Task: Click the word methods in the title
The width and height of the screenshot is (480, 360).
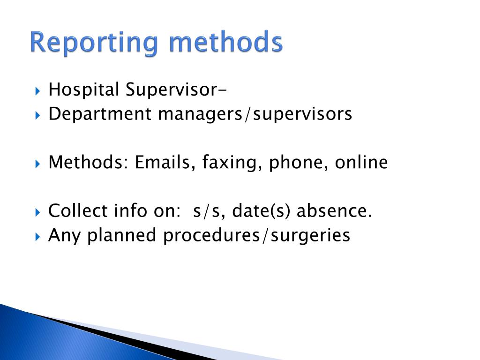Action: pos(226,43)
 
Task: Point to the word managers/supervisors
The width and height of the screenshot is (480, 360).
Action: pos(255,114)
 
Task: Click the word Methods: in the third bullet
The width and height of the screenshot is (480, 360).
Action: pos(89,163)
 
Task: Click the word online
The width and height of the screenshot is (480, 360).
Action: pos(361,163)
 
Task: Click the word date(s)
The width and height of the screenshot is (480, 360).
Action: pos(262,211)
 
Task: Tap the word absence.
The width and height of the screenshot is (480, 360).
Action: pos(334,211)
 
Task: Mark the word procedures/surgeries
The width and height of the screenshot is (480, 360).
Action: pos(256,235)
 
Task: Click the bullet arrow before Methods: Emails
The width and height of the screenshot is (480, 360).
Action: pos(38,164)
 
